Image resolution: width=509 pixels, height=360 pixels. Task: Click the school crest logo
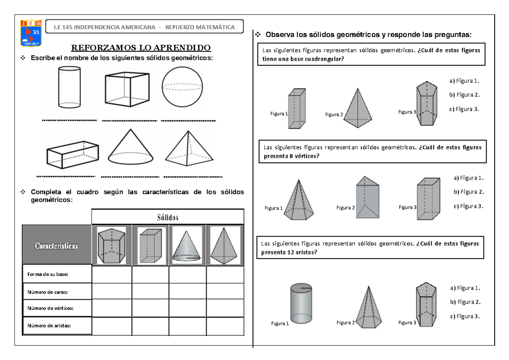coord(31,33)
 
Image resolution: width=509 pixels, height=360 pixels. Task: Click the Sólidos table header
coord(168,217)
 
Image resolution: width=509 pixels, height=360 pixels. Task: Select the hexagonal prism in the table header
coord(111,246)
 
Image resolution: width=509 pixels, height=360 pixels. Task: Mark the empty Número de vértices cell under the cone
coord(187,308)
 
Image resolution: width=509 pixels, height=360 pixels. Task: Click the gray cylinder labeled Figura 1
coord(301,303)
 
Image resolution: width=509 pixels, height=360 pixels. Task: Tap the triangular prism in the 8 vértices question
coord(367,198)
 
